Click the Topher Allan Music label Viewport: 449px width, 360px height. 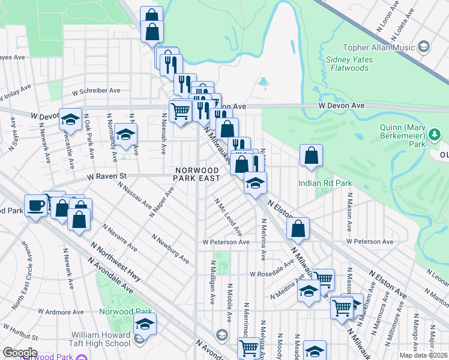(379, 47)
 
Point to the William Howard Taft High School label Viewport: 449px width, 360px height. (92, 338)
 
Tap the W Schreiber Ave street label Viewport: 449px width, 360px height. (96, 91)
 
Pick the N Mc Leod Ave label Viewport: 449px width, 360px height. (229, 217)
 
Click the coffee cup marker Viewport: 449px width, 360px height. (35, 205)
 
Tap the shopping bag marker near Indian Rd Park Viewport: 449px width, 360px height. (311, 155)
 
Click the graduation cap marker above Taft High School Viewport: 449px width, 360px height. (144, 325)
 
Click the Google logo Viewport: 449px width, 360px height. (20, 353)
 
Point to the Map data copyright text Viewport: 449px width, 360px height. (424, 355)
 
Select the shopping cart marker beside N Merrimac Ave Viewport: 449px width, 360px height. (249, 346)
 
